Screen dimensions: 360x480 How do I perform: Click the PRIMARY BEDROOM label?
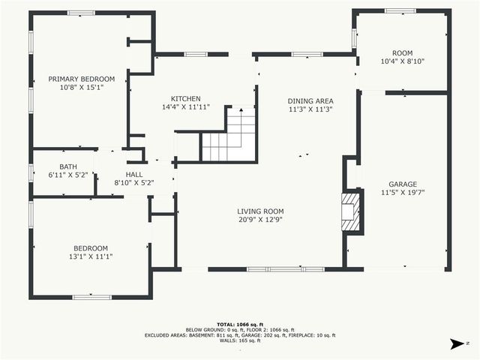coord(81,79)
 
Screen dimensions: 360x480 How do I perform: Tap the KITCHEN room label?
coord(185,99)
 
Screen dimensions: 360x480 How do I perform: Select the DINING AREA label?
coord(310,100)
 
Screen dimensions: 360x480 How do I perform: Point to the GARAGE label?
coord(403,184)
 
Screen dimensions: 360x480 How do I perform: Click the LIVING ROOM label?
coord(261,211)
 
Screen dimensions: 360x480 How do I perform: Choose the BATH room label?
coord(67,166)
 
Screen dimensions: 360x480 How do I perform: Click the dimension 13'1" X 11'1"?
coord(90,256)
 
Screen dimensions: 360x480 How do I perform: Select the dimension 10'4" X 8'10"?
coord(403,61)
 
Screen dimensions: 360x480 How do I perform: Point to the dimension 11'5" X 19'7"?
coord(403,193)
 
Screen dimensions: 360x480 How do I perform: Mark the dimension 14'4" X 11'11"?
coord(185,107)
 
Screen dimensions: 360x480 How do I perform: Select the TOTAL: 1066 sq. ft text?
coord(240,324)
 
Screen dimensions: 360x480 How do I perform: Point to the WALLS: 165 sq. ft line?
coord(240,341)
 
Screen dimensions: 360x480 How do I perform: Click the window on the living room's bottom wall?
coord(275,269)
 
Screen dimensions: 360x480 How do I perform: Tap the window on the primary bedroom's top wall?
coord(81,13)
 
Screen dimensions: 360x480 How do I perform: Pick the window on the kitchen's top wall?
coord(196,54)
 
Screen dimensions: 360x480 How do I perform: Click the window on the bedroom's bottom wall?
coord(91,297)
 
